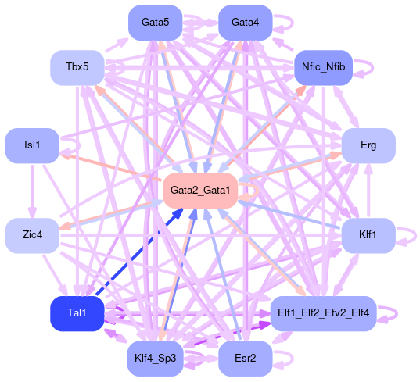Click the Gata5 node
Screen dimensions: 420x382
[x=156, y=23]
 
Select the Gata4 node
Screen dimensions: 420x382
[x=246, y=23]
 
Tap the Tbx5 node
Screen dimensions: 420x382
[x=77, y=68]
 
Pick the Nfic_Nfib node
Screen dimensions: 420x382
[x=323, y=68]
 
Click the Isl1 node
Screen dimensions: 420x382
[x=32, y=146]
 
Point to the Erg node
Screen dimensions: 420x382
[x=368, y=146]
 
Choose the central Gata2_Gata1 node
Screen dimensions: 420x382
[x=200, y=191]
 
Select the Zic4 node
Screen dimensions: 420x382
[x=32, y=236]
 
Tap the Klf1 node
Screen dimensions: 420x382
[x=368, y=236]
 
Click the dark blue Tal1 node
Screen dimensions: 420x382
[x=77, y=314]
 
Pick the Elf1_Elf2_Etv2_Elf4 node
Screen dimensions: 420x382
[x=323, y=314]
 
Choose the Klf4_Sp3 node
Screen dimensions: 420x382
[x=156, y=359]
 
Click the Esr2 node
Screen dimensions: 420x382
[x=246, y=359]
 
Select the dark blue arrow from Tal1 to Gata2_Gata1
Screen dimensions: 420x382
[x=139, y=252]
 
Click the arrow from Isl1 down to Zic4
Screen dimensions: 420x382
[x=32, y=191]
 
